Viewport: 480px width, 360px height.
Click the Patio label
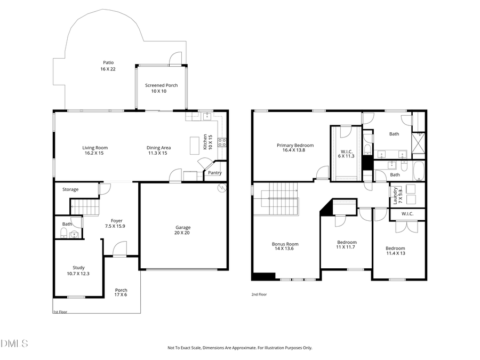108,62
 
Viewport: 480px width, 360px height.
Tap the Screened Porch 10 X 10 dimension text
162,91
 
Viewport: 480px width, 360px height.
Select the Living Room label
95,148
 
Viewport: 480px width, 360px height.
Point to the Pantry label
215,173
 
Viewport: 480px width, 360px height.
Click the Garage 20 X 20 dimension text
183,233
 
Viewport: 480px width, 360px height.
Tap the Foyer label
116,221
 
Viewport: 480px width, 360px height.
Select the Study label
78,268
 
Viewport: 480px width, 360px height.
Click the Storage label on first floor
70,189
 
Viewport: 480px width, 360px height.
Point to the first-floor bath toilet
63,233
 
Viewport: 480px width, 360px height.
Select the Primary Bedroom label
295,145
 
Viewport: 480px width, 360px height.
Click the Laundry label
395,196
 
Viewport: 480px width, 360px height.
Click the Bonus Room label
285,244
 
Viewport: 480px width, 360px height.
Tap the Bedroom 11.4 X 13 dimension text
395,253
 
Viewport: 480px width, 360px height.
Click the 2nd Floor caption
259,294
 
